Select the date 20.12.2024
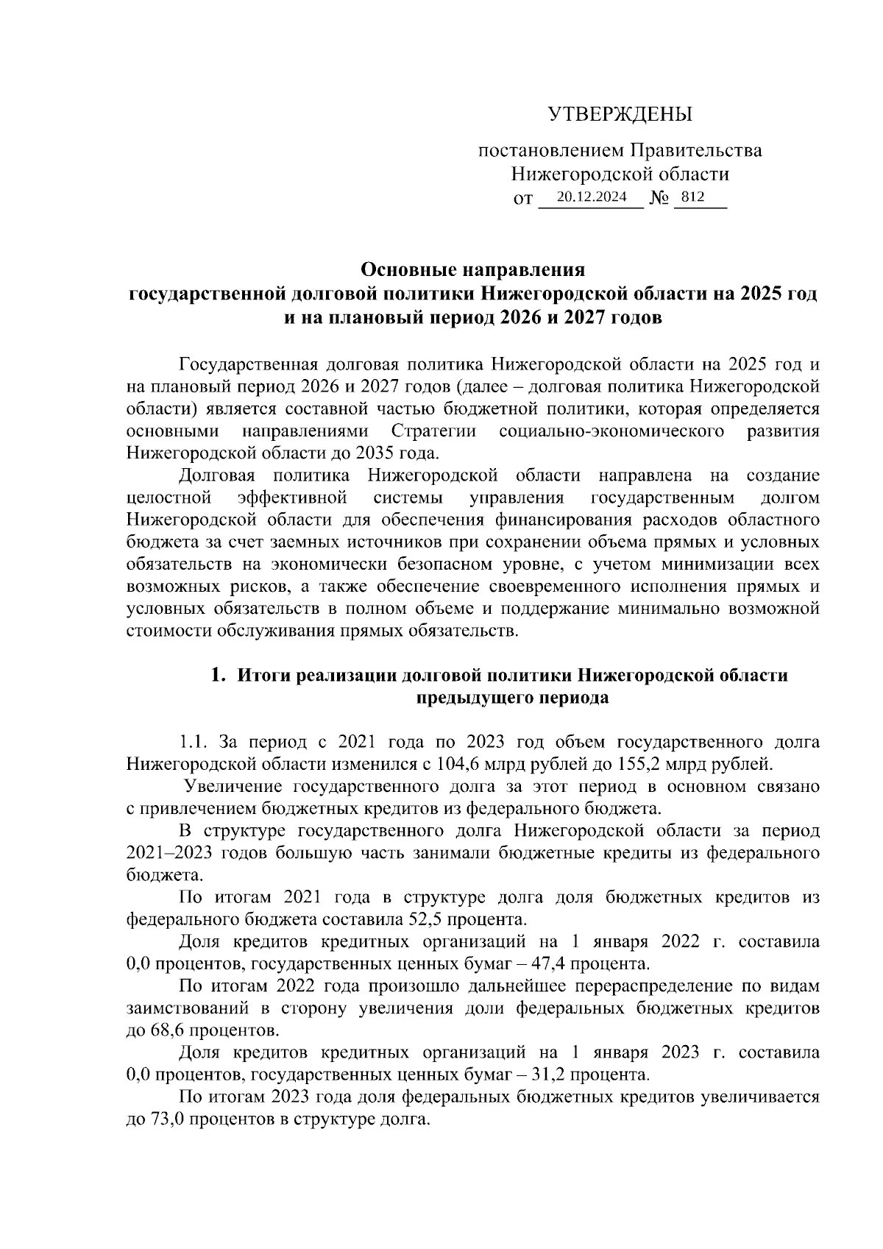click(592, 197)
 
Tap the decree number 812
click(693, 197)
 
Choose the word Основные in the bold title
click(406, 269)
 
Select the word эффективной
click(294, 498)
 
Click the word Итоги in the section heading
click(263, 676)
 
